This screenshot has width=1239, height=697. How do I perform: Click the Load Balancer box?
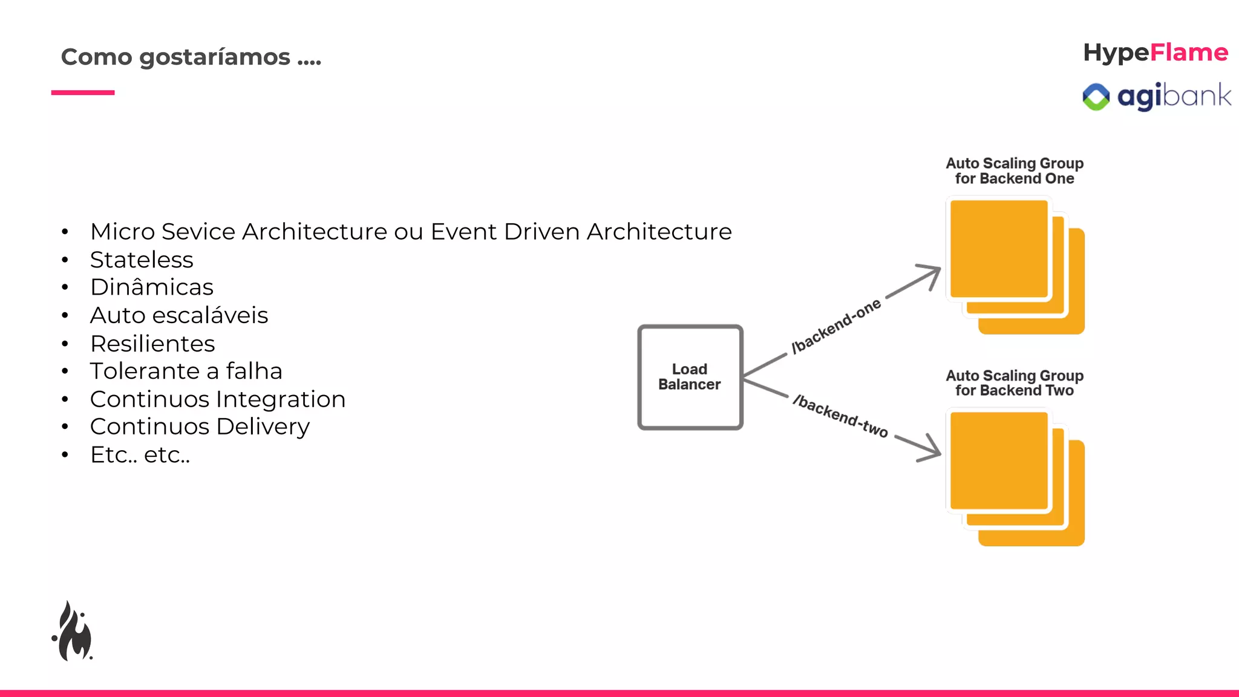pyautogui.click(x=690, y=377)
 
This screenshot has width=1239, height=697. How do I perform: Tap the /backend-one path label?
pyautogui.click(x=836, y=326)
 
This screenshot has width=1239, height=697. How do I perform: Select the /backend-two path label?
pyautogui.click(x=840, y=416)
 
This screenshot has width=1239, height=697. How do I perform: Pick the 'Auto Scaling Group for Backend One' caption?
pyautogui.click(x=1015, y=171)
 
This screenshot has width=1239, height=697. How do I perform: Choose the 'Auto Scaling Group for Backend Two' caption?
pyautogui.click(x=1015, y=383)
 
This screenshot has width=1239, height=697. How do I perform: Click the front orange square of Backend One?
pyautogui.click(x=998, y=249)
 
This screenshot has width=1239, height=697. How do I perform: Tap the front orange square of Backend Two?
pyautogui.click(x=998, y=460)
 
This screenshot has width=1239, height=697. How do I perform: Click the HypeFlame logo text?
pyautogui.click(x=1155, y=53)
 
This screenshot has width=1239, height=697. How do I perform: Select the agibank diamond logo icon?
pyautogui.click(x=1096, y=97)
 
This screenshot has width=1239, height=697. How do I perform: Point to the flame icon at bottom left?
pyautogui.click(x=73, y=632)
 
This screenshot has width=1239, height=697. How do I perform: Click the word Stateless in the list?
pyautogui.click(x=142, y=260)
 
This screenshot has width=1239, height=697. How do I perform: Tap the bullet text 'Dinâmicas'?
pyautogui.click(x=151, y=287)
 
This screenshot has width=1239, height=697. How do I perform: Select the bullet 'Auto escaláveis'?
pyautogui.click(x=178, y=315)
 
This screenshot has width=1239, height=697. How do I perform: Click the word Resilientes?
pyautogui.click(x=152, y=344)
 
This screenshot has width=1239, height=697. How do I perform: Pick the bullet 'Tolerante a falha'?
pyautogui.click(x=186, y=371)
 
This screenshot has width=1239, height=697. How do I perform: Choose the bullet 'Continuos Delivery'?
pyautogui.click(x=200, y=427)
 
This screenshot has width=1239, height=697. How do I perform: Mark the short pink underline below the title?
pyautogui.click(x=83, y=93)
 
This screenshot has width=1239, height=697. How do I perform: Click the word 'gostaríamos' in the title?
pyautogui.click(x=214, y=57)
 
